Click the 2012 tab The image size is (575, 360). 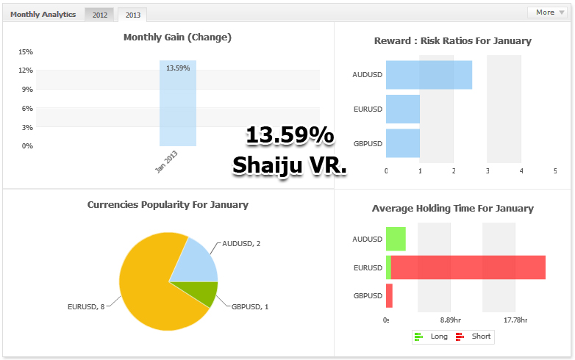click(99, 15)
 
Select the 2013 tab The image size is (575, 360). click(132, 15)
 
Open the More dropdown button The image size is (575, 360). click(546, 12)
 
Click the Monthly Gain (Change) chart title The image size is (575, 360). click(177, 37)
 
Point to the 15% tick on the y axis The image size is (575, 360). click(26, 52)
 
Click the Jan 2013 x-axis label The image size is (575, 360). click(165, 161)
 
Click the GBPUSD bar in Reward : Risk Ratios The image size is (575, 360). click(402, 143)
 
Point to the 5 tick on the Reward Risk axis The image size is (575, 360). click(555, 171)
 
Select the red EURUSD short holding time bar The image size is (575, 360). click(468, 267)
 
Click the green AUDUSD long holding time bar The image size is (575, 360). click(396, 239)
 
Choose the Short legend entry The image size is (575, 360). click(474, 336)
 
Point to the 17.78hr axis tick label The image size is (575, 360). click(515, 320)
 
